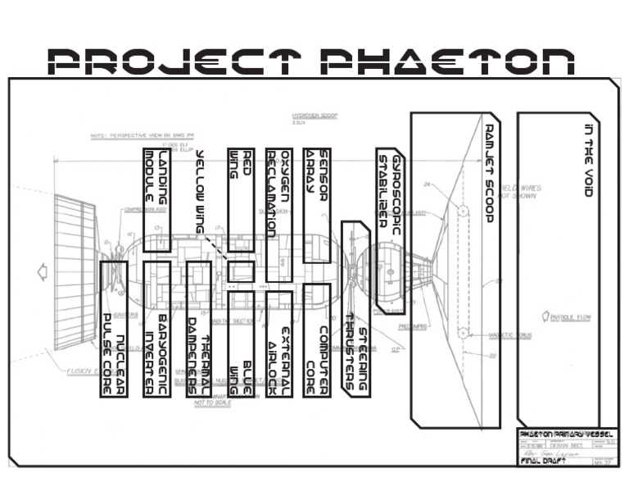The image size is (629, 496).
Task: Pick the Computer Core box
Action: [x=316, y=340]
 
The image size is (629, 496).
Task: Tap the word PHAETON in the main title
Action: [x=446, y=61]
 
